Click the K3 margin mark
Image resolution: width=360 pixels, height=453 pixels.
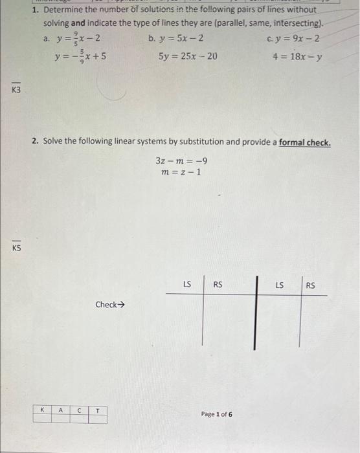(x=16, y=90)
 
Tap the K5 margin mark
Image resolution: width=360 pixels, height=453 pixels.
(x=16, y=247)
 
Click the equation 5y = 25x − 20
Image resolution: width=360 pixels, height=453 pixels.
(x=188, y=56)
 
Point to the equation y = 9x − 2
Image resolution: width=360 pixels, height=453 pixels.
(x=295, y=38)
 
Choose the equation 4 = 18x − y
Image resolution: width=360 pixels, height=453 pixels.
(x=298, y=56)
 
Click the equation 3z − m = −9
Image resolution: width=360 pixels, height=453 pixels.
(x=181, y=161)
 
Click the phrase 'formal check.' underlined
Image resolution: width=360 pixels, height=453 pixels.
(x=304, y=142)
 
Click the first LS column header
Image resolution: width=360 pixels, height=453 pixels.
(x=187, y=283)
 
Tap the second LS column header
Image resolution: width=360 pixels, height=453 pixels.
(x=280, y=283)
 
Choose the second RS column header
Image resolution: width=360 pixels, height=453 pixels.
(x=310, y=283)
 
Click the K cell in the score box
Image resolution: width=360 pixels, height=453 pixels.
(x=42, y=410)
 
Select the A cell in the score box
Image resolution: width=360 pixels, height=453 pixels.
(x=60, y=410)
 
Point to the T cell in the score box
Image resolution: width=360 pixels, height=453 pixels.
(x=97, y=410)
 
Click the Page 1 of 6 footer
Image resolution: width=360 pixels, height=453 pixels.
(x=217, y=414)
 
